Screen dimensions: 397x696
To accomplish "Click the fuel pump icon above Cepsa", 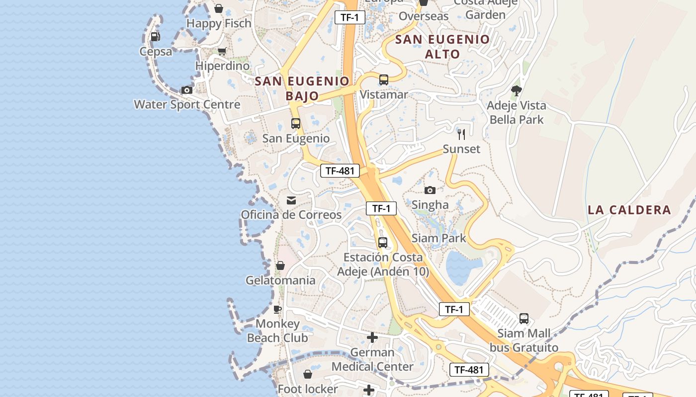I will (155, 36).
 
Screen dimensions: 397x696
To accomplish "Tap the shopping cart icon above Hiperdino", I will (222, 51).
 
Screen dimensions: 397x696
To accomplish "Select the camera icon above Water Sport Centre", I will (187, 90).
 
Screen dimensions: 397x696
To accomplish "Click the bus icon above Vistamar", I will (383, 79).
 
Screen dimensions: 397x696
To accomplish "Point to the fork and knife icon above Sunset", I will (461, 134).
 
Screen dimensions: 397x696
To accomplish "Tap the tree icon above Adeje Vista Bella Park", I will (517, 90).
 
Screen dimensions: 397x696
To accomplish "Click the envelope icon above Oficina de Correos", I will (291, 200).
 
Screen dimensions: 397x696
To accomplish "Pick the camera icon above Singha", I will (430, 190).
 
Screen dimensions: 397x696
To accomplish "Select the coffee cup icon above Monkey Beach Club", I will (277, 310).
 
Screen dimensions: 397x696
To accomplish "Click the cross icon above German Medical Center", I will (372, 338).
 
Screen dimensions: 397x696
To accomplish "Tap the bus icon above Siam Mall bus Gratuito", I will (523, 319).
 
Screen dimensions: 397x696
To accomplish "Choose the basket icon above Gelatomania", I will (280, 265).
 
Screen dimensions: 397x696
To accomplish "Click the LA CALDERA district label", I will (629, 209).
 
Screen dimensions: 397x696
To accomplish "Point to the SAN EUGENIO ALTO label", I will (442, 46).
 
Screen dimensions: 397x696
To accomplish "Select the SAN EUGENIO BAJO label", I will (302, 88).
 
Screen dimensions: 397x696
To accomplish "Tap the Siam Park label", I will (438, 238).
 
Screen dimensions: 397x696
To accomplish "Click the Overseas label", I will (424, 16).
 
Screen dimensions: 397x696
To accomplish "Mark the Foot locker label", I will (308, 389).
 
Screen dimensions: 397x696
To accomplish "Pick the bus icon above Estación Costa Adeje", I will (382, 243).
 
